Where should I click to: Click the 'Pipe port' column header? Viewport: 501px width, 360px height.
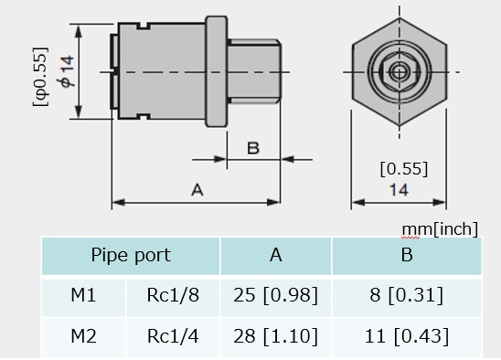pyautogui.click(x=131, y=255)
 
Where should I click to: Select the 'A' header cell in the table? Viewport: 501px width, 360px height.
pyautogui.click(x=276, y=255)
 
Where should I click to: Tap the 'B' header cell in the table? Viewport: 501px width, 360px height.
pyautogui.click(x=407, y=255)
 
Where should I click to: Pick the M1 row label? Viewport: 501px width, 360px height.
pyautogui.click(x=83, y=294)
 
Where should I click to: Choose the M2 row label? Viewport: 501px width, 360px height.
pyautogui.click(x=83, y=336)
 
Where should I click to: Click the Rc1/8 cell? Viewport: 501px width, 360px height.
pyautogui.click(x=173, y=294)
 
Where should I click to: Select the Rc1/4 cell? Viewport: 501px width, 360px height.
pyautogui.click(x=173, y=336)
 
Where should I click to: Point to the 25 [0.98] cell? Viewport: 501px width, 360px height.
pyautogui.click(x=276, y=295)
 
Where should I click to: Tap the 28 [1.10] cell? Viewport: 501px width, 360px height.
pyautogui.click(x=276, y=336)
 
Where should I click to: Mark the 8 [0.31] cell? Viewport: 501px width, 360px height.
pyautogui.click(x=407, y=295)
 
